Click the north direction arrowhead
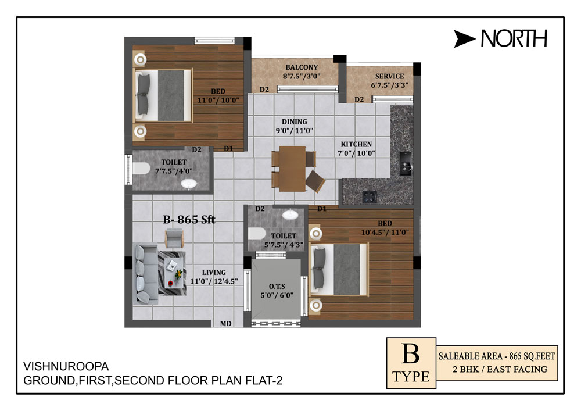point(464,39)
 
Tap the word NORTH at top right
point(514,38)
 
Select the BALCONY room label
point(302,67)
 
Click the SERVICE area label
point(389,76)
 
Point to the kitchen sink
point(406,163)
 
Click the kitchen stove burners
point(370,197)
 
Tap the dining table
point(292,169)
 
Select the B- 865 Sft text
point(189,219)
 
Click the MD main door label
point(225,324)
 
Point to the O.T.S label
point(277,287)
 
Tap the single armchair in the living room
point(174,238)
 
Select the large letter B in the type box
point(411,354)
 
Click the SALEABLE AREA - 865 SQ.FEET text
point(497,356)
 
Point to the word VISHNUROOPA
point(66,366)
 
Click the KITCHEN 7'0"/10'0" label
point(356,149)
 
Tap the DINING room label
point(294,121)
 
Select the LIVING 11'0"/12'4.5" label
point(214,277)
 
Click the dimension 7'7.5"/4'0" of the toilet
point(174,171)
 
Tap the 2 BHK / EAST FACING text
point(500,369)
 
